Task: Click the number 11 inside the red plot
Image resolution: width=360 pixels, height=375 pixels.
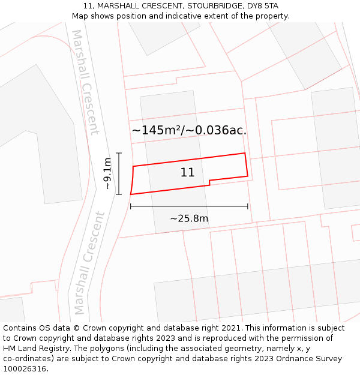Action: pos(187,173)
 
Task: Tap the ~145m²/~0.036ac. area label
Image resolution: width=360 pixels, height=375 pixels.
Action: pos(189,130)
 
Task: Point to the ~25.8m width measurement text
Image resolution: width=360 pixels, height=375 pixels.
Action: pos(189,218)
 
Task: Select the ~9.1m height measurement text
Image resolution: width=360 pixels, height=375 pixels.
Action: pos(107,173)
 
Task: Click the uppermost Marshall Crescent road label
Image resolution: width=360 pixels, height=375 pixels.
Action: pos(85,82)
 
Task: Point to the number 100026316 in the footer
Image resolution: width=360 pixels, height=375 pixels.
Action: pos(25,369)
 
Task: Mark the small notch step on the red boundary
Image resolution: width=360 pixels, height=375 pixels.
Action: pos(209,181)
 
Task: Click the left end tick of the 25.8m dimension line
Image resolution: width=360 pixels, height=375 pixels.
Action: pos(130,206)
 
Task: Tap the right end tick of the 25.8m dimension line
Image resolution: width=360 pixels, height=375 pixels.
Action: pos(248,206)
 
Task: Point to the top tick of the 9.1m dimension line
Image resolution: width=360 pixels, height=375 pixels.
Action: pos(119,153)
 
